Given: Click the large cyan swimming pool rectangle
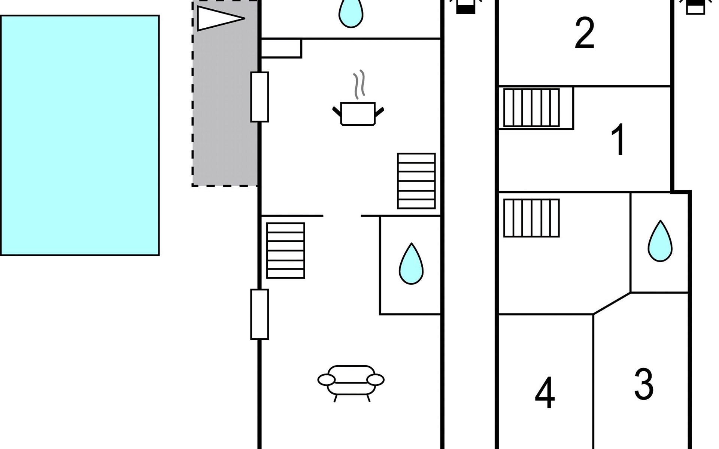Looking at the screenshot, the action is [x=80, y=135].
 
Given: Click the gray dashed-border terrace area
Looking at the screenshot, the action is [x=225, y=93].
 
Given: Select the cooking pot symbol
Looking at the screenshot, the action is [x=358, y=113].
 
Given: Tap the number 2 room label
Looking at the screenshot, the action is [x=585, y=33].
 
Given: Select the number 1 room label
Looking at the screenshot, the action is [x=619, y=140].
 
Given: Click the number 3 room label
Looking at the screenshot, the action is [x=644, y=384].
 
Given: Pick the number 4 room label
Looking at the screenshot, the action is [x=545, y=393].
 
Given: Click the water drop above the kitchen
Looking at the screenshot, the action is [x=351, y=13].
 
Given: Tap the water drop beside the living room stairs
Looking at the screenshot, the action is [x=411, y=263].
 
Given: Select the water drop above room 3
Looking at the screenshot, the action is [x=660, y=241].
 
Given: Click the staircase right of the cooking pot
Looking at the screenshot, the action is [x=416, y=181].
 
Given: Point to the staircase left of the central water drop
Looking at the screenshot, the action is [x=286, y=251].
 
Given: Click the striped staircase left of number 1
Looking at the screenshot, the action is [x=531, y=108].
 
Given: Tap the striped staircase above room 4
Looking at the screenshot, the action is [x=531, y=218].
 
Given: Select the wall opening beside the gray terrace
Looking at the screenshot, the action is [x=260, y=97].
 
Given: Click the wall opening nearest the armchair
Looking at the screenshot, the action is [x=260, y=314].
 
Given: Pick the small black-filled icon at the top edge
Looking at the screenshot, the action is [x=465, y=7].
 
